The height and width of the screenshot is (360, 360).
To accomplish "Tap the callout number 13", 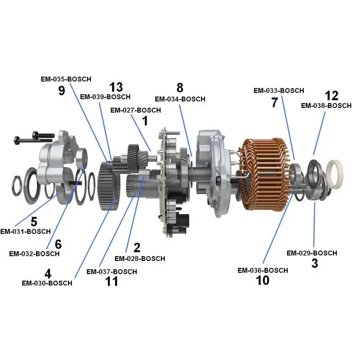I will (116, 87).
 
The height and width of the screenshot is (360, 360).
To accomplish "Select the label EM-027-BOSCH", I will (135, 110).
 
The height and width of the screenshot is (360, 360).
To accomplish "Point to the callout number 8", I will (180, 87).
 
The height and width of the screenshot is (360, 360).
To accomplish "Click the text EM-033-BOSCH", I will (279, 90).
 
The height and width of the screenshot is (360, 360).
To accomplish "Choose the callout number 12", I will (331, 95).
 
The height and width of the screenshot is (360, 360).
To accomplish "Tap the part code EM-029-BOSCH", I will (311, 253).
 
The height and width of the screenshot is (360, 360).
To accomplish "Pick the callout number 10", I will (262, 280).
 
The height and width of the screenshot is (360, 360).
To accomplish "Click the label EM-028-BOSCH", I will (139, 259).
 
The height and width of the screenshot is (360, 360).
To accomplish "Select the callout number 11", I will (111, 282).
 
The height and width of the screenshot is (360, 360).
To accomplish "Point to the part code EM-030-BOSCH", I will (47, 283).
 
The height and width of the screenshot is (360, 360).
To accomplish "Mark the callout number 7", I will (274, 102).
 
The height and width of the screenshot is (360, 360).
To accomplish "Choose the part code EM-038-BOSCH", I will (326, 106).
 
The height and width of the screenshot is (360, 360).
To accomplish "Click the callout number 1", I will (144, 121).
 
